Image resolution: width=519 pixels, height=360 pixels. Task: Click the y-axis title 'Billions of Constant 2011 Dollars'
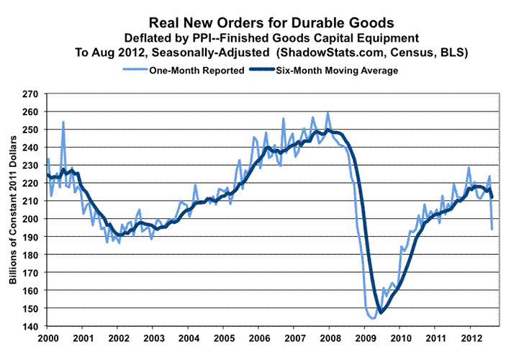tap(13, 210)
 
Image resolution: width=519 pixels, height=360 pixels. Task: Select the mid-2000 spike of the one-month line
tap(63, 122)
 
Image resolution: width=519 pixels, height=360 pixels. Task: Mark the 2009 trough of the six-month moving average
tap(381, 312)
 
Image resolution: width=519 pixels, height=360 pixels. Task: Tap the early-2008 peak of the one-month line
tap(328, 112)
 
